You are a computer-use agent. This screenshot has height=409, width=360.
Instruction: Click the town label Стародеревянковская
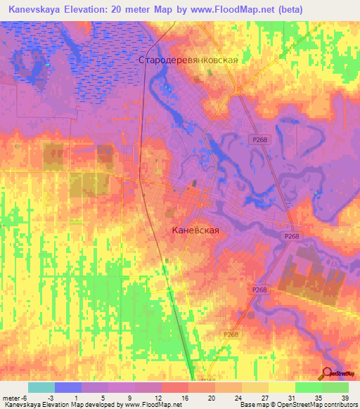188,60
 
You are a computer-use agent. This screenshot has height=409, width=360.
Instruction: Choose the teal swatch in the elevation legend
41,387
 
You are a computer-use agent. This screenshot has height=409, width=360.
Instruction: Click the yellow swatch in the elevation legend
281,387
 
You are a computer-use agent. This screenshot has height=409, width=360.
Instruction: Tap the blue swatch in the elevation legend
68,387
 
